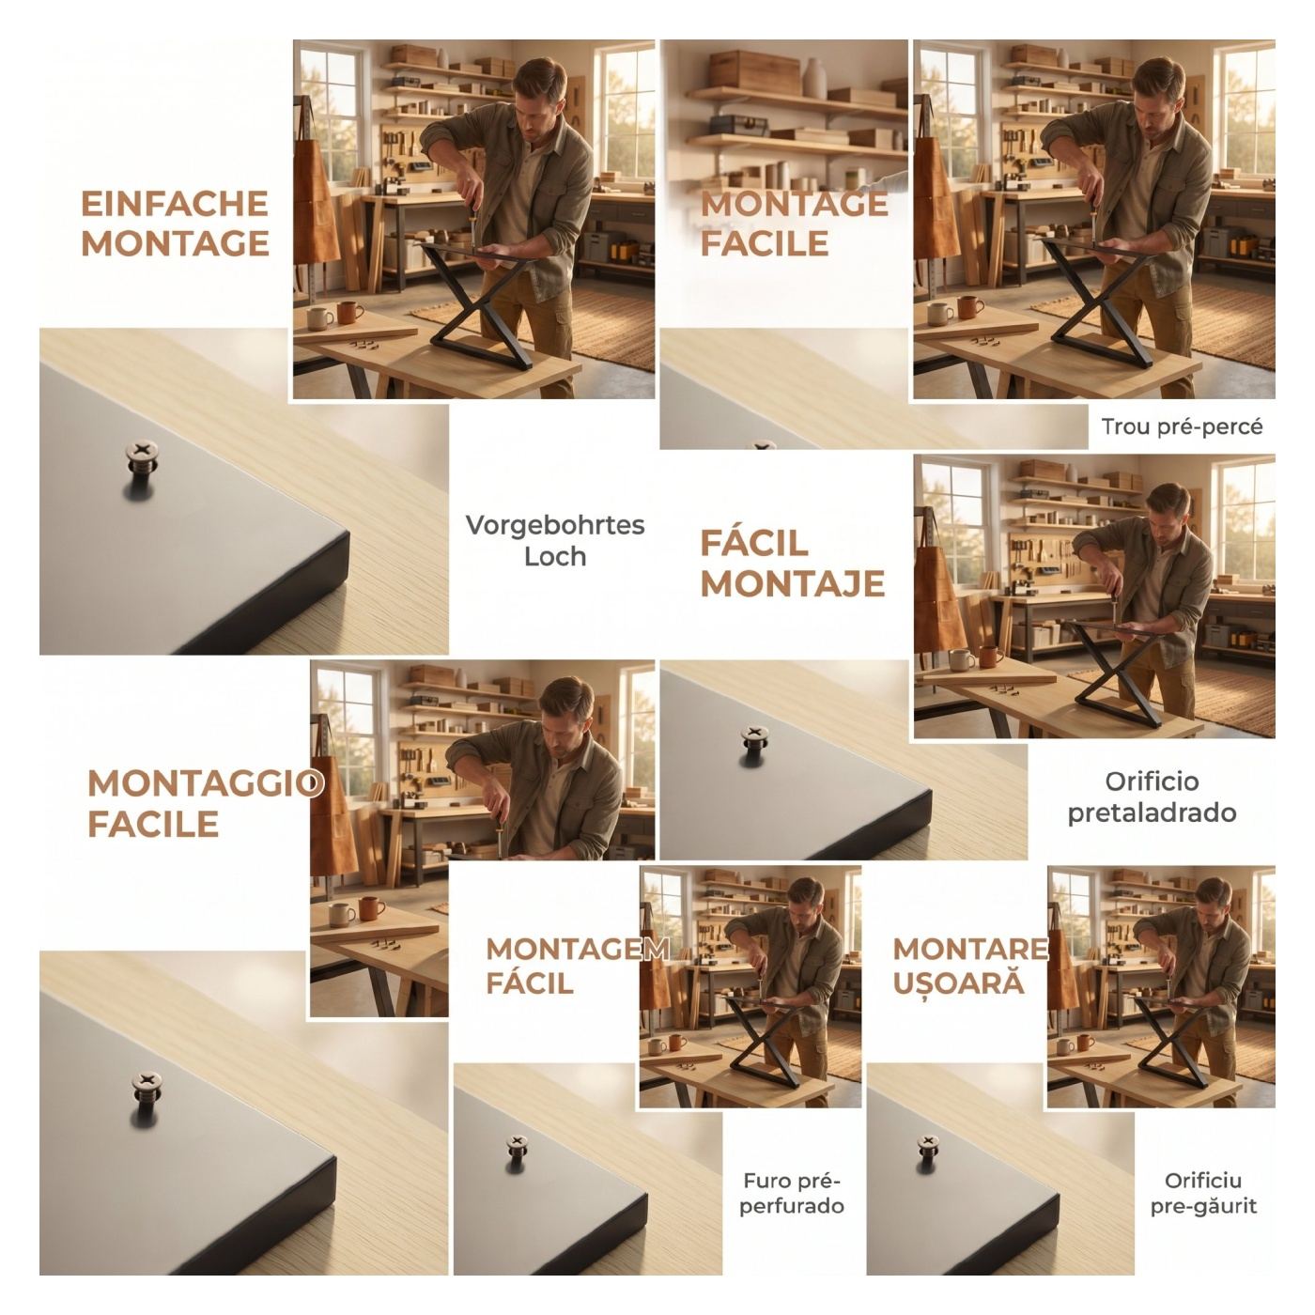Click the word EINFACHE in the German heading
click(175, 204)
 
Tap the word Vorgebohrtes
click(555, 526)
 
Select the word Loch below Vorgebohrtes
click(555, 556)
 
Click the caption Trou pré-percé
click(1182, 427)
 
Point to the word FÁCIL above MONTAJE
click(754, 543)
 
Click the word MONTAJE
click(792, 583)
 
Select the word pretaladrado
click(1152, 813)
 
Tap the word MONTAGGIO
click(205, 783)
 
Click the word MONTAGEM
click(578, 950)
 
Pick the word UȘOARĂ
click(958, 982)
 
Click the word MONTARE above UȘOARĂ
click(970, 950)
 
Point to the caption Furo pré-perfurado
click(792, 1194)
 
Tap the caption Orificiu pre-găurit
click(1203, 1194)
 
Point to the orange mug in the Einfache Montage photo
click(348, 313)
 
